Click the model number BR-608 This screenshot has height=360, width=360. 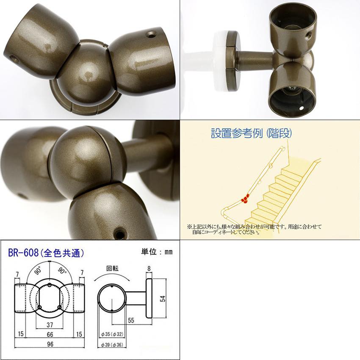(23, 253)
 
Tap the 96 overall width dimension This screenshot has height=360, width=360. (50, 344)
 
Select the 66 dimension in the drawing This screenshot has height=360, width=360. (50, 335)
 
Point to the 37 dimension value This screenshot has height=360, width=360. (50, 325)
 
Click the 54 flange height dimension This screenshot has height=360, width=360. (163, 299)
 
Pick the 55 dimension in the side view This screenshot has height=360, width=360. (131, 320)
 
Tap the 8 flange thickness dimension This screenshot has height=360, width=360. (149, 269)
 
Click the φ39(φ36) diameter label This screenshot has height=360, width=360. (112, 345)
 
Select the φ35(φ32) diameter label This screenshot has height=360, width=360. (112, 334)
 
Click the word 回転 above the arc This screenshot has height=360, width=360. (112, 269)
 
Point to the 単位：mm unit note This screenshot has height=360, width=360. (157, 252)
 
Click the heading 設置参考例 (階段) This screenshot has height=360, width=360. (251, 133)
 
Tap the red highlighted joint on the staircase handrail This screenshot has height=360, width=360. (245, 199)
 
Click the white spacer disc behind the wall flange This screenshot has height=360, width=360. (220, 61)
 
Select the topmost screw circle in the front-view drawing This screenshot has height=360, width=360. (50, 285)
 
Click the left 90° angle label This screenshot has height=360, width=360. (38, 271)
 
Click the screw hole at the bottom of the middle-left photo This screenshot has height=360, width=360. (119, 234)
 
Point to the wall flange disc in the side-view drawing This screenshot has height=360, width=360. (149, 298)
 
